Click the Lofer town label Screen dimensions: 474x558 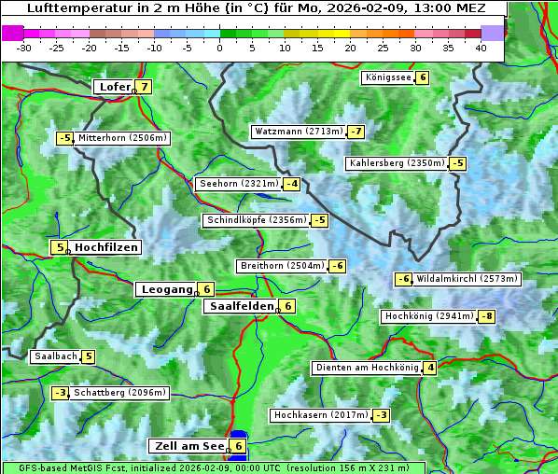coord(114,87)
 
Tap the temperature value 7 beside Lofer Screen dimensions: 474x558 coord(143,87)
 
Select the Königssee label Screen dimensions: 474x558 coord(387,77)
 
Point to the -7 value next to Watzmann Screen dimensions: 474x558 coord(356,132)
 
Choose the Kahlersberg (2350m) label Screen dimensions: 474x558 coord(397,163)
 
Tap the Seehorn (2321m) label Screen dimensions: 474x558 coord(239,184)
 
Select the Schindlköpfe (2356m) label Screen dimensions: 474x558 coord(256,220)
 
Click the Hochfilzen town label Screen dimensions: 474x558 coord(106,247)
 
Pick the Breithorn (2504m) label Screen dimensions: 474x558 coord(281,266)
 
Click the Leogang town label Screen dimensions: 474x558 coord(166,289)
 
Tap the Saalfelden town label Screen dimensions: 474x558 coord(241,306)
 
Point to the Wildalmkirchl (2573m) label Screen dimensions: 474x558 coord(467,278)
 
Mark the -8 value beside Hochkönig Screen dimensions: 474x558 coord(487,316)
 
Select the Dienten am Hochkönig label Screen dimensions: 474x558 coord(366,368)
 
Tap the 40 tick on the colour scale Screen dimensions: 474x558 coord(481,47)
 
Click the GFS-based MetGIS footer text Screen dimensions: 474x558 coord(213,467)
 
